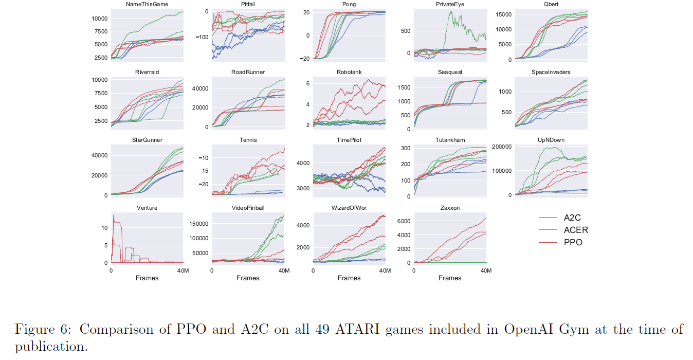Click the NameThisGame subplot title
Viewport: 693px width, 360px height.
(x=147, y=5)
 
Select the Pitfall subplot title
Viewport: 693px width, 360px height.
(x=248, y=5)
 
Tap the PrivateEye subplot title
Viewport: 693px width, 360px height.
(x=450, y=5)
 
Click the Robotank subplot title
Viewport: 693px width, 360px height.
(x=349, y=72)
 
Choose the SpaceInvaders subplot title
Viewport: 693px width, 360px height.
(x=551, y=72)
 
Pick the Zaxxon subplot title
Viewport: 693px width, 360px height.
(x=450, y=208)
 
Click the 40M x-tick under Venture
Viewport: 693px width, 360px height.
(x=182, y=271)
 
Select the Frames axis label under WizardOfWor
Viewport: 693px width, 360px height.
(x=349, y=278)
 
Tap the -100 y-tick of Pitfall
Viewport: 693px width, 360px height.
(x=201, y=37)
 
